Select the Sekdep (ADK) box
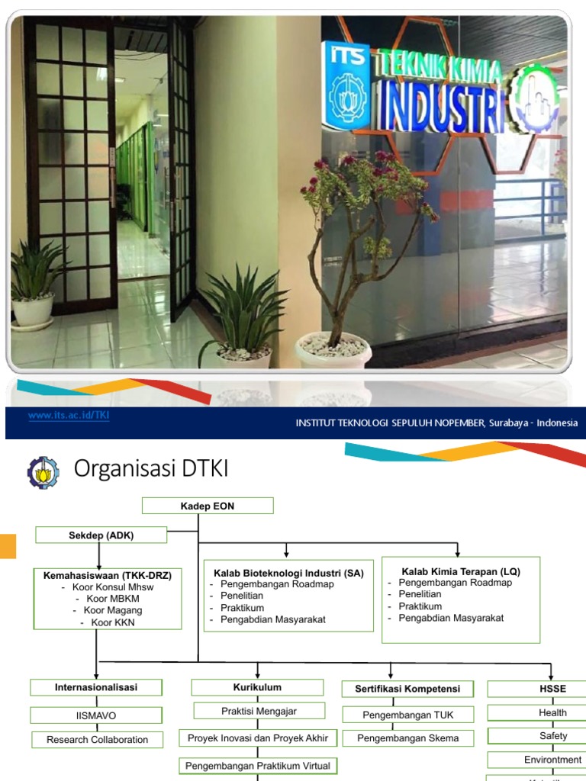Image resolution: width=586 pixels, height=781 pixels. (101, 535)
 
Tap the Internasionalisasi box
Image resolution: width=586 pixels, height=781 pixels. (96, 687)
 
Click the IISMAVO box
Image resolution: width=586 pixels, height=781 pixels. (96, 715)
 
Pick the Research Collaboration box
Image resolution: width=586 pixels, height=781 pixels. (97, 739)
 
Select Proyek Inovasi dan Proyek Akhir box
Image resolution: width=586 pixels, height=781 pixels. (258, 738)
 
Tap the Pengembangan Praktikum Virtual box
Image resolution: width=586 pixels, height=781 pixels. (258, 765)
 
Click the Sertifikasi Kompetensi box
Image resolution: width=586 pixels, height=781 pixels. (407, 689)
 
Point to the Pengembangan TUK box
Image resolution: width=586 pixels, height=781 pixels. (407, 715)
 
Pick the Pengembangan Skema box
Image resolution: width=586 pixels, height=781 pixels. (407, 738)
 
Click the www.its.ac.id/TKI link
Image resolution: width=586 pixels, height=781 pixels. (69, 416)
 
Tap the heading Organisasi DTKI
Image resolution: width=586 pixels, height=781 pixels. (150, 470)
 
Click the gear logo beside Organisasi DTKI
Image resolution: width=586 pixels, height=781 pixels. (42, 472)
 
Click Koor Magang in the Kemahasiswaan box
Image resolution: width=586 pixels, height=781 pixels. (107, 610)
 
